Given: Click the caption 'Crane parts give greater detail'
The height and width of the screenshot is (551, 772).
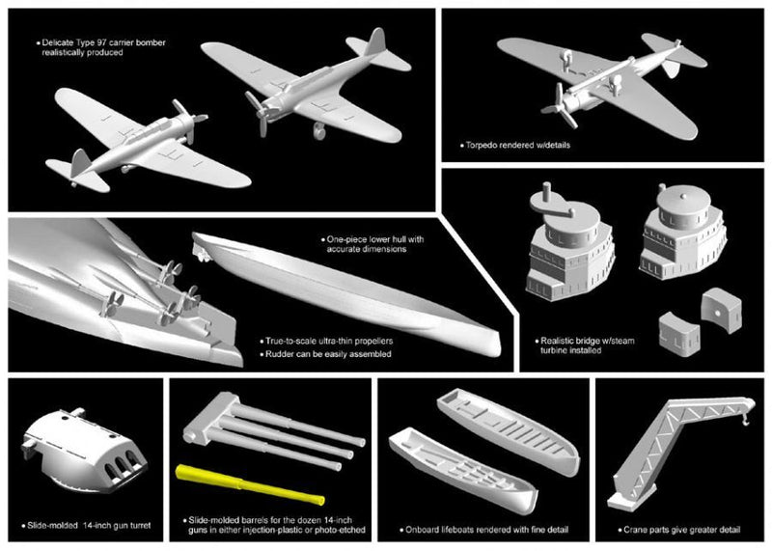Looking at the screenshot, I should [670, 530].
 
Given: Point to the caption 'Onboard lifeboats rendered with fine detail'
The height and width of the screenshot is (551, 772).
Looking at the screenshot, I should [474, 530].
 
